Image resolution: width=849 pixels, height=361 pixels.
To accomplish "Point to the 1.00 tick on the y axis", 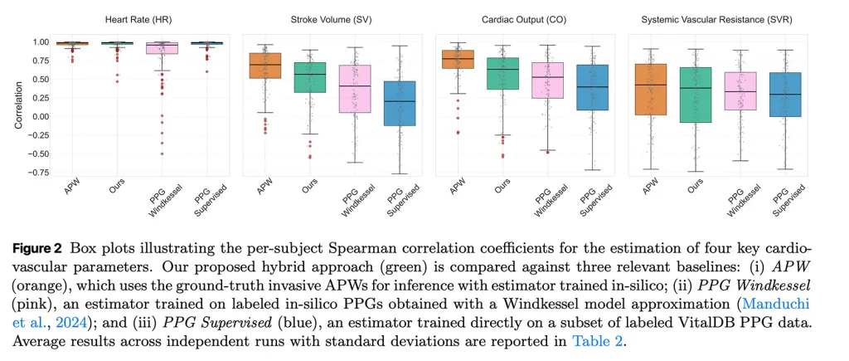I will pyautogui.click(x=38, y=42).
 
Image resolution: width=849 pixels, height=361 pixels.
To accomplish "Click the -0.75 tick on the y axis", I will pyautogui.click(x=36, y=173).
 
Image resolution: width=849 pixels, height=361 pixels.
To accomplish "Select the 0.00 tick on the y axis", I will pyautogui.click(x=38, y=116).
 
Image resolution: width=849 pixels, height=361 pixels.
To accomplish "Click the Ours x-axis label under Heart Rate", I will pyautogui.click(x=117, y=189).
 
